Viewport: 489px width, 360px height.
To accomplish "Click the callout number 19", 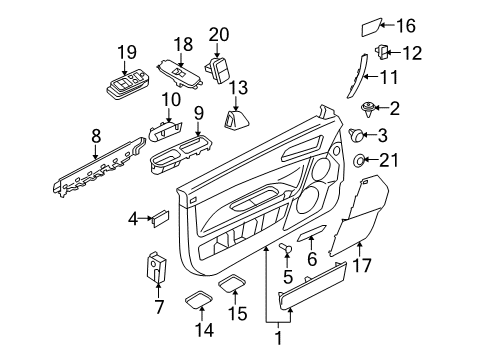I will pyautogui.click(x=126, y=52).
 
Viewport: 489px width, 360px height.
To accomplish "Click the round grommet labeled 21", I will pyautogui.click(x=360, y=161).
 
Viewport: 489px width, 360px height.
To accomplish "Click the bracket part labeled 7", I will pyautogui.click(x=157, y=266).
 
